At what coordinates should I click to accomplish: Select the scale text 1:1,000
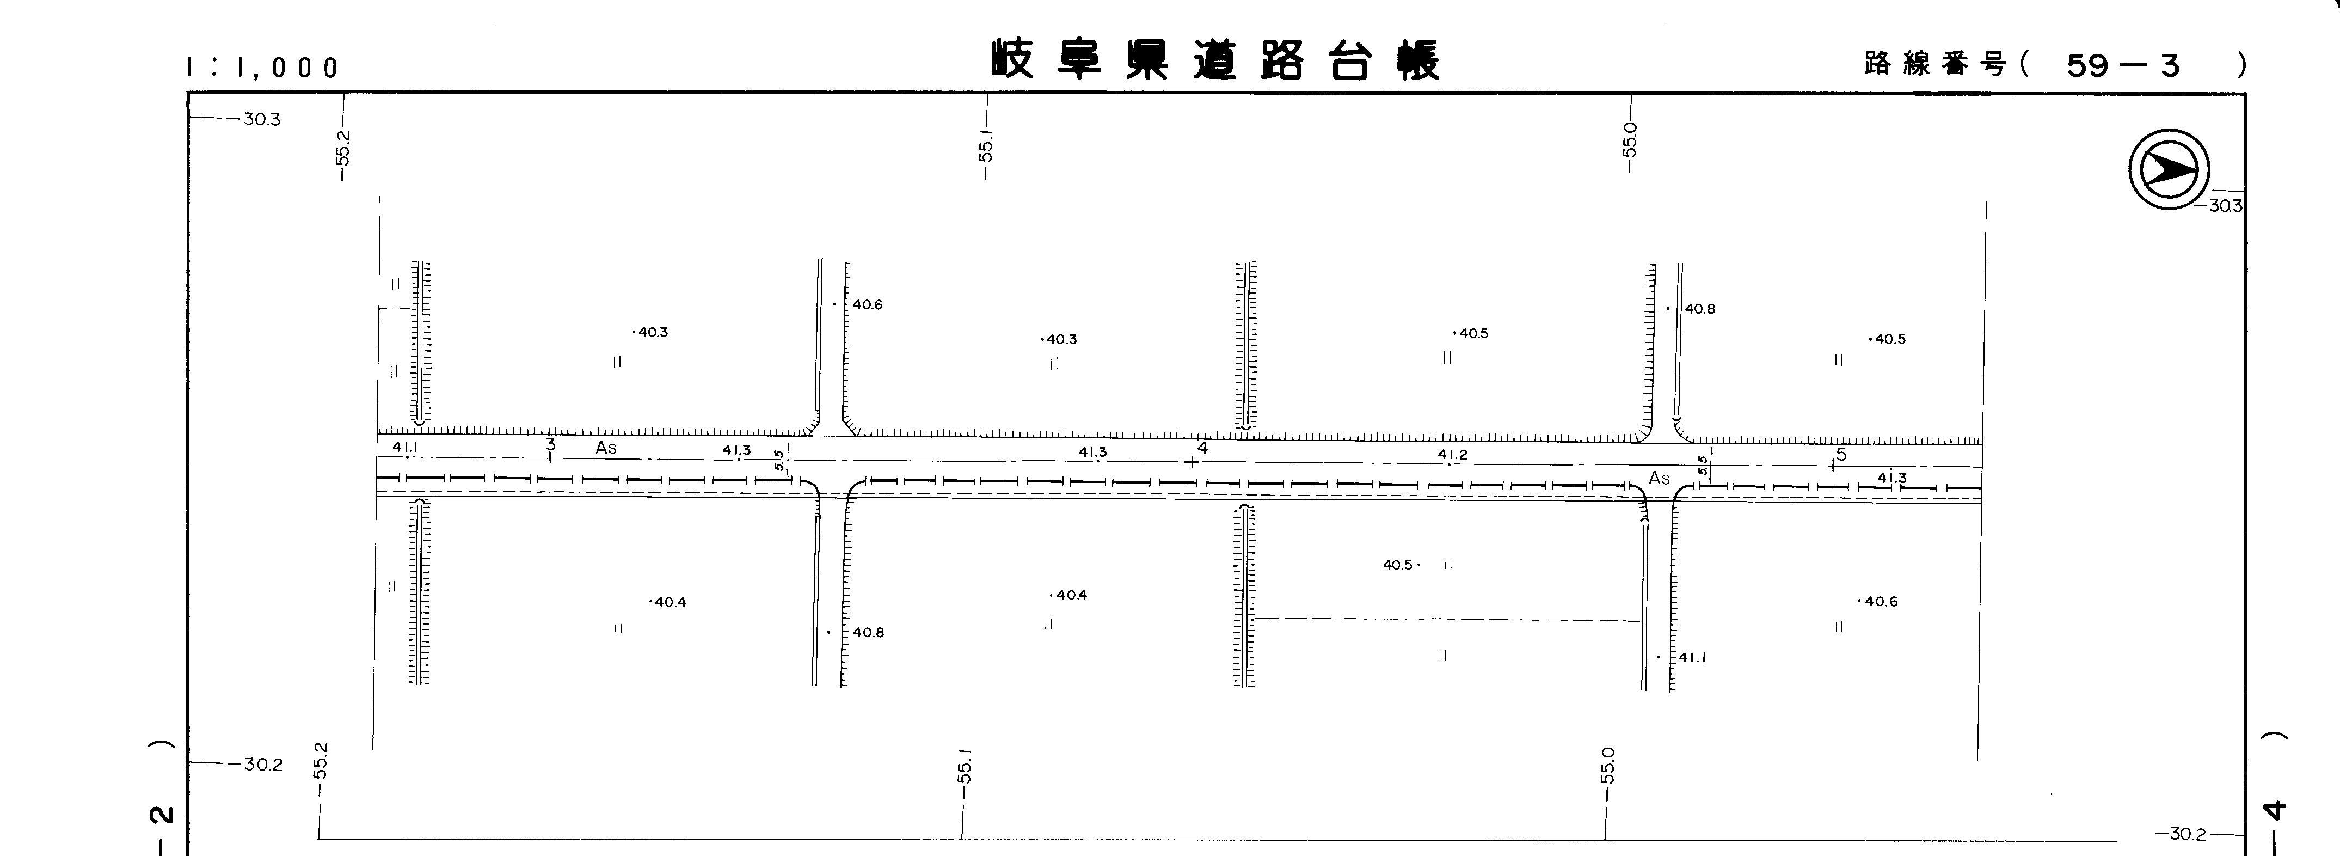(x=262, y=67)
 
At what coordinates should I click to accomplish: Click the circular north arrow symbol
(x=2169, y=169)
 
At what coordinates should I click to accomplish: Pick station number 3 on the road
(x=550, y=444)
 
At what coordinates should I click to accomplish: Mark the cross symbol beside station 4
(x=1192, y=462)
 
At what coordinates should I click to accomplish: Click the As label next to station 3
(x=606, y=448)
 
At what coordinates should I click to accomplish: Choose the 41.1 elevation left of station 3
(x=405, y=447)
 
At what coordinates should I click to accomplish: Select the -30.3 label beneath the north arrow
(x=2223, y=206)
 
